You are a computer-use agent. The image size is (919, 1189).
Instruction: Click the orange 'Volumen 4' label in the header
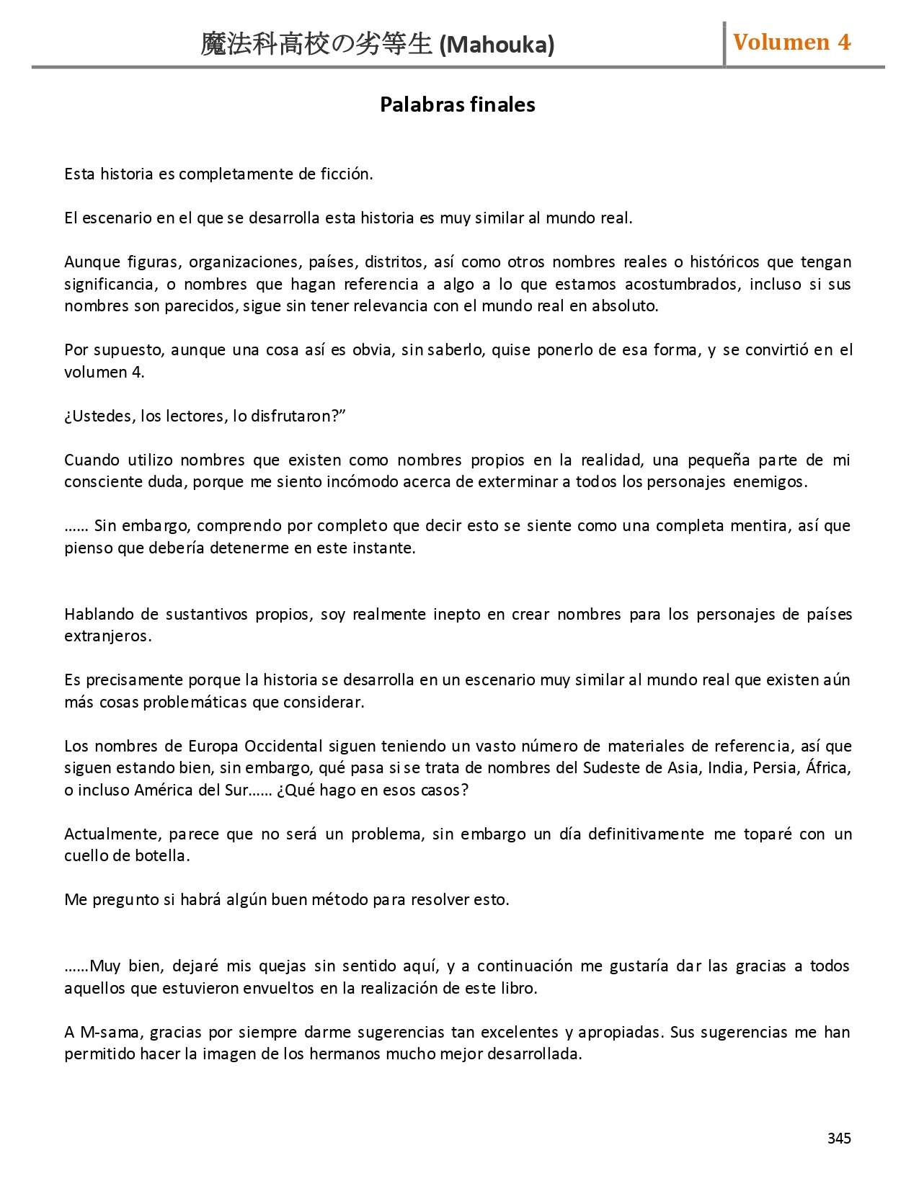(791, 43)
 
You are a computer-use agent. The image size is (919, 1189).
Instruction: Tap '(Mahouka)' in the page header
(497, 45)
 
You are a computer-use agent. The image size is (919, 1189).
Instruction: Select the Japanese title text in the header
(316, 45)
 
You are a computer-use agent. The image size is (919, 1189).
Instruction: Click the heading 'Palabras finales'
(457, 104)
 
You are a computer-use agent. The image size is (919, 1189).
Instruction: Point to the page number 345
(839, 1138)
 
